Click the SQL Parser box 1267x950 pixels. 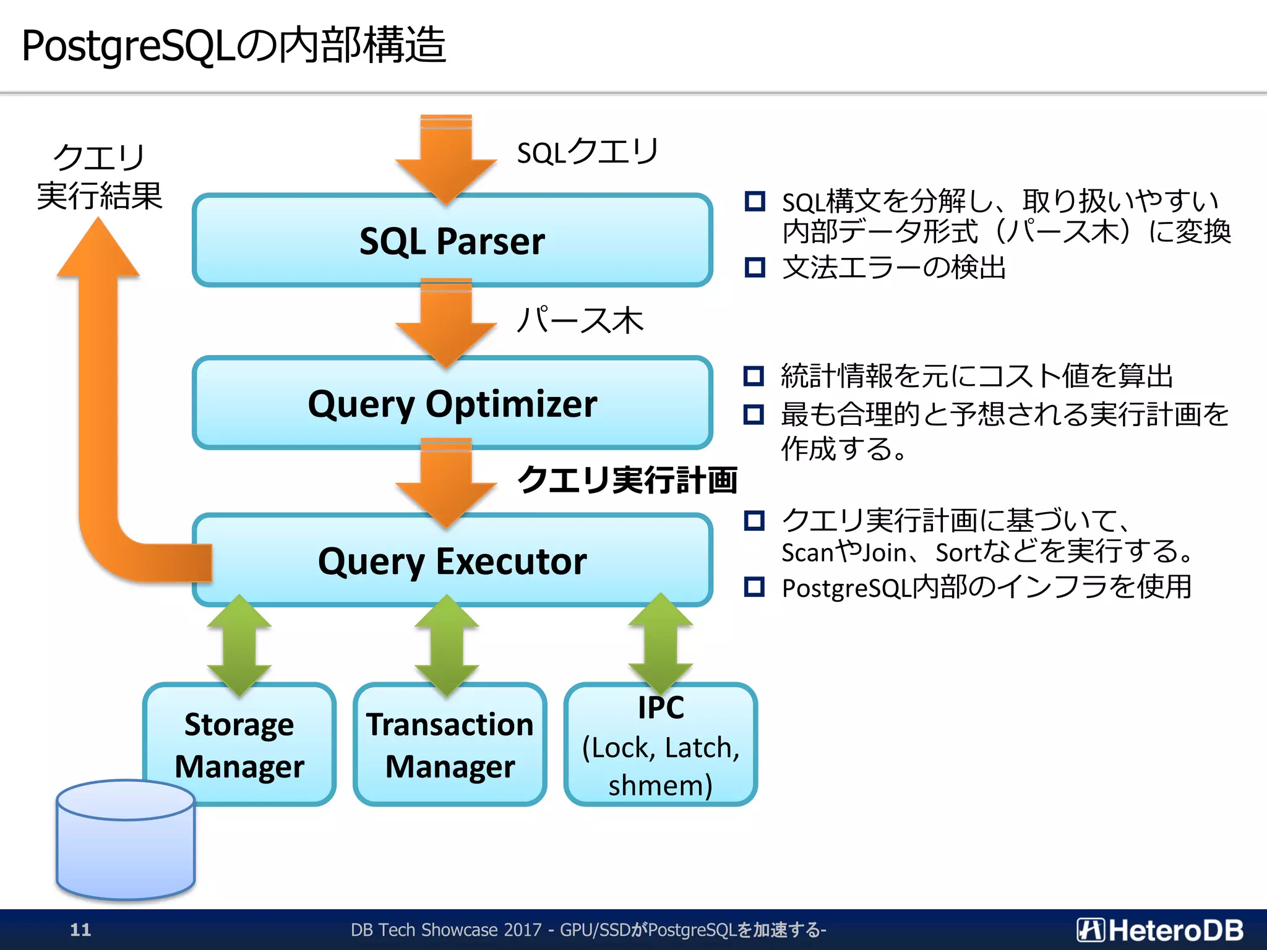click(x=452, y=241)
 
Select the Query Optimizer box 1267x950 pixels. click(x=452, y=403)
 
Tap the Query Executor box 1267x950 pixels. click(x=452, y=561)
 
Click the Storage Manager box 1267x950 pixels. click(x=239, y=745)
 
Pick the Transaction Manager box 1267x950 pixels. click(x=450, y=745)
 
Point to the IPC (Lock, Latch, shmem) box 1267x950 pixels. click(x=660, y=746)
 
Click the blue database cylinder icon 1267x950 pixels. click(x=126, y=841)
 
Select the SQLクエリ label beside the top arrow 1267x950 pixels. click(x=588, y=152)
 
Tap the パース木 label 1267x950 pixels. click(x=580, y=320)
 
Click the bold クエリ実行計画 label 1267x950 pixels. click(x=627, y=480)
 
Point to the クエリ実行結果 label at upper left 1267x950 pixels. click(x=99, y=177)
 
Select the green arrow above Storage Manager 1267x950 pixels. click(x=239, y=644)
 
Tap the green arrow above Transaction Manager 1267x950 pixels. click(x=447, y=644)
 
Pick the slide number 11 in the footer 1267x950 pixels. click(x=80, y=930)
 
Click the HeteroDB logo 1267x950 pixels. click(x=1159, y=930)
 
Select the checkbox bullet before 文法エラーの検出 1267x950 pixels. click(x=755, y=267)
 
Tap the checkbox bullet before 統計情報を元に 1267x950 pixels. click(x=754, y=375)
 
